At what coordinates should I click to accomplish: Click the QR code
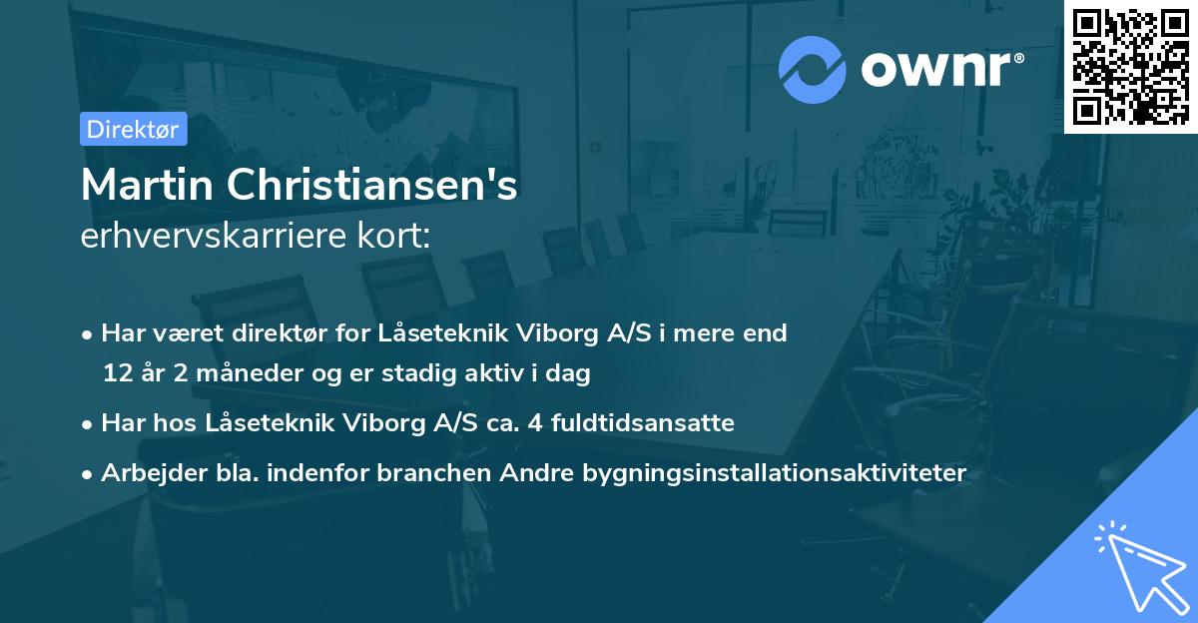tap(1131, 66)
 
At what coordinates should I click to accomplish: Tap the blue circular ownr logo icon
tap(813, 69)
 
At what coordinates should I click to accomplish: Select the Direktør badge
tap(133, 129)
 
